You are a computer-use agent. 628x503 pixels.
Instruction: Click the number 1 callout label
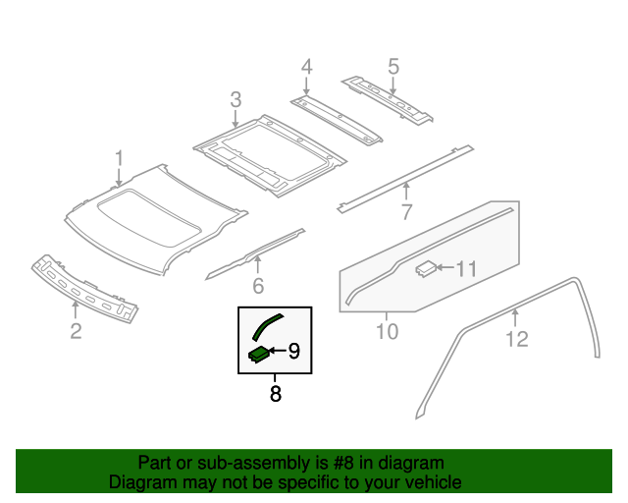click(x=119, y=158)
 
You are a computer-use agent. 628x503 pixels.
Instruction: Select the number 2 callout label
click(x=76, y=331)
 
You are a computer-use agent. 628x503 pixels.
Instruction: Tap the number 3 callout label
click(x=235, y=99)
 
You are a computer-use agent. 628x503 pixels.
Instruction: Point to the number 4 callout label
click(x=306, y=67)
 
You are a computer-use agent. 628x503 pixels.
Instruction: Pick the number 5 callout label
click(x=393, y=67)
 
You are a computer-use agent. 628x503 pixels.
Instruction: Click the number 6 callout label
click(x=258, y=286)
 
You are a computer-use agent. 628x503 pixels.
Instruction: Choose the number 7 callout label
click(x=406, y=211)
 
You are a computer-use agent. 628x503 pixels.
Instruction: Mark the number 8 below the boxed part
click(x=275, y=395)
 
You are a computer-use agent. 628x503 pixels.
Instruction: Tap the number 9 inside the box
click(x=293, y=350)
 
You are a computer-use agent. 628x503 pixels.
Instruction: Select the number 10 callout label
click(x=387, y=332)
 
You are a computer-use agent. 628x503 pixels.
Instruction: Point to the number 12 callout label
click(x=516, y=339)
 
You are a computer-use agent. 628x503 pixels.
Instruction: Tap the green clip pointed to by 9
click(x=259, y=353)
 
